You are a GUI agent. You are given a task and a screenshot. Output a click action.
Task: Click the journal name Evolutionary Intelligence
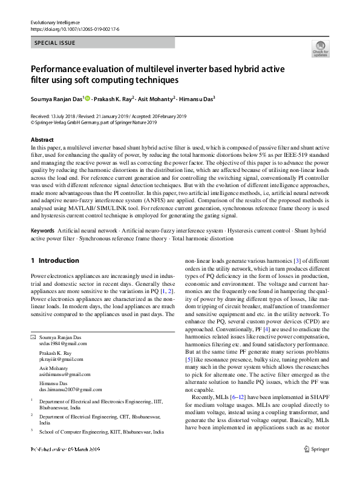(54, 22)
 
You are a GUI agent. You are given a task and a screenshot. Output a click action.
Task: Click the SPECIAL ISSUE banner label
(55, 43)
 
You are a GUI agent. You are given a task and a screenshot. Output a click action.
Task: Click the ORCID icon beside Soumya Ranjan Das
(88, 98)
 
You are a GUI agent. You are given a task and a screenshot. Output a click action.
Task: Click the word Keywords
(42, 231)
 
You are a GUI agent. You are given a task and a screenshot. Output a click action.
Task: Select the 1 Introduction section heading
(54, 260)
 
